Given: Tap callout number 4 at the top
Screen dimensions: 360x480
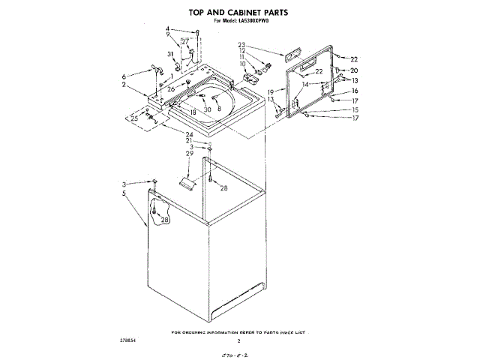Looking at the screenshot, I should (168, 29).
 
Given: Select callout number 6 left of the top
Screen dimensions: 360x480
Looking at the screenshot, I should (124, 76).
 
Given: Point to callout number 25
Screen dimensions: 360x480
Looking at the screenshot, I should (134, 118).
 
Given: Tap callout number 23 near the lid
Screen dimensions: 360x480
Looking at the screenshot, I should (242, 44).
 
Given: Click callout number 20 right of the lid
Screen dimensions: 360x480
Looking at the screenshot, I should (355, 70).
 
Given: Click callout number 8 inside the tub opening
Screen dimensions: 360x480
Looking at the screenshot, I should (219, 108).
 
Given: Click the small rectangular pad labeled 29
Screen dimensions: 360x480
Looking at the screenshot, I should (187, 182).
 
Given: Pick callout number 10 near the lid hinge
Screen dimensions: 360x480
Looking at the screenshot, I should (242, 64).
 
